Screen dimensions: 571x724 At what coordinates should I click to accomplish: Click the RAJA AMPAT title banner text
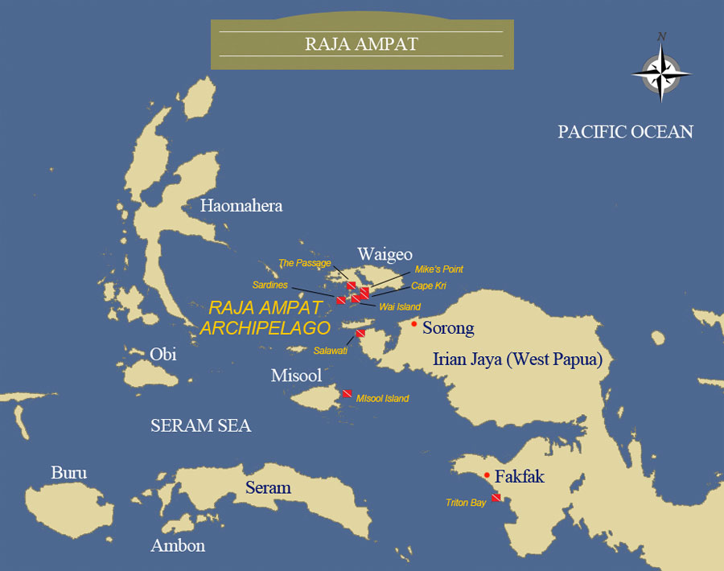coord(361,43)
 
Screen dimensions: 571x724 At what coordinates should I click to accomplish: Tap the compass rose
coord(661,73)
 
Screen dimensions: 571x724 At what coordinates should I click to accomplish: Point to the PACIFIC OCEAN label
coord(625,132)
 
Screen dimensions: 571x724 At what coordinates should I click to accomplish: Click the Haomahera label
coord(241,206)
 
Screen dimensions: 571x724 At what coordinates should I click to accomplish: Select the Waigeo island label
coord(385,255)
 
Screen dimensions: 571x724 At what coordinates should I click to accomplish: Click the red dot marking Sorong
coord(413,324)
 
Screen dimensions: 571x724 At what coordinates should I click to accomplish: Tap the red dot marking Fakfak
coord(487,475)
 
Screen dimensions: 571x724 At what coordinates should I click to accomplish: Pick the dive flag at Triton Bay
coord(496,498)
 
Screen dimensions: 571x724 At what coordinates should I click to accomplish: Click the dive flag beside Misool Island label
coord(347,393)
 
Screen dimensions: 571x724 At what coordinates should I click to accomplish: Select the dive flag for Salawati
coord(360,332)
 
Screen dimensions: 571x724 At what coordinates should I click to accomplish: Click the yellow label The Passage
coord(304,263)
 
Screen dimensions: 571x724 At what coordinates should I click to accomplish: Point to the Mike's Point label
coord(438,269)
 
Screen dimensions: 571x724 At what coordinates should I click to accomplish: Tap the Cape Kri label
coord(428,285)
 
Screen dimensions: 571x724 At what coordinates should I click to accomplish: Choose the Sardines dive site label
coord(269,285)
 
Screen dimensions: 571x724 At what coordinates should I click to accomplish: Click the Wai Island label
coord(399,306)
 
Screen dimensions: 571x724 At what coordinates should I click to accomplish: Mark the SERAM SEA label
coord(200,426)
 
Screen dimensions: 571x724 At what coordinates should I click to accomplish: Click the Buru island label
coord(68,473)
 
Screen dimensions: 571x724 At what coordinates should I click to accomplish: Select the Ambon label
coord(178,546)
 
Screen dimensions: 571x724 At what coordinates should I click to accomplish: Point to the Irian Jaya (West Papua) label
coord(517,359)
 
